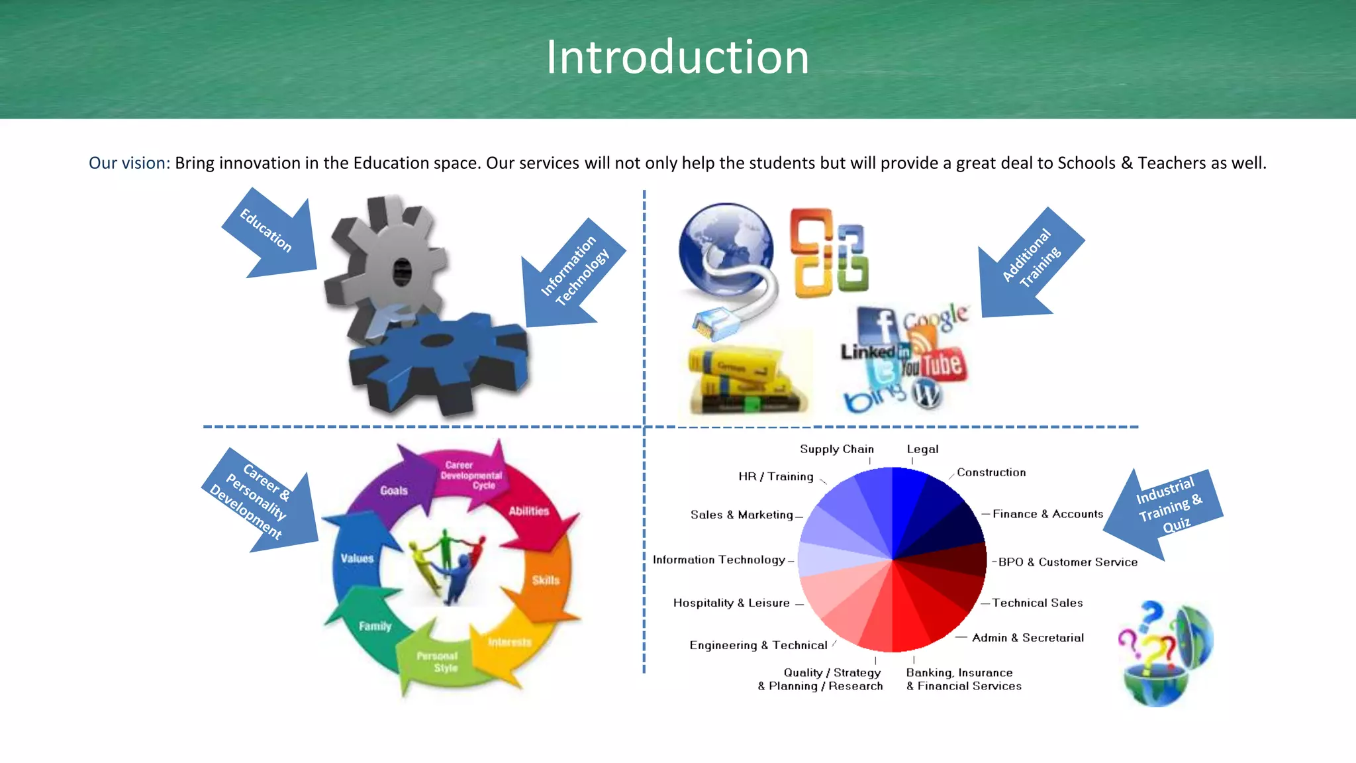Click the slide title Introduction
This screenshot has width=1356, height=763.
click(x=677, y=57)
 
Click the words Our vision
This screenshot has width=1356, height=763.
click(x=129, y=163)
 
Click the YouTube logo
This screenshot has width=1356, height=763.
click(x=933, y=365)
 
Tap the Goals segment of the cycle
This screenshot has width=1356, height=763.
click(x=393, y=490)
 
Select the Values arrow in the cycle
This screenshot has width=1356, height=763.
click(x=358, y=558)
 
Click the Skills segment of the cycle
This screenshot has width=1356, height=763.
click(x=546, y=580)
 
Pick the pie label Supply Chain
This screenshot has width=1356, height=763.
click(x=836, y=449)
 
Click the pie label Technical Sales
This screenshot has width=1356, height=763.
click(x=1037, y=603)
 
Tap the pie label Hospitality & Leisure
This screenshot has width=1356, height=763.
click(x=731, y=603)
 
